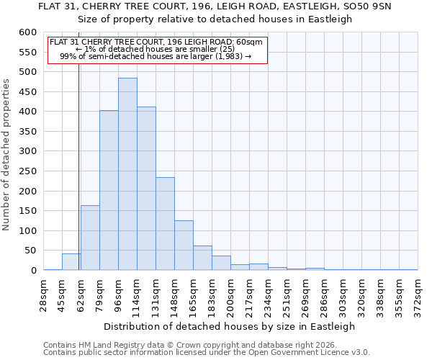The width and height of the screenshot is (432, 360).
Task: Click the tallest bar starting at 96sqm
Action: (127, 174)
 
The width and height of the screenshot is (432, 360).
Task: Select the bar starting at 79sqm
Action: (109, 191)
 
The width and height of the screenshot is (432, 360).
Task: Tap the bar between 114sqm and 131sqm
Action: (146, 189)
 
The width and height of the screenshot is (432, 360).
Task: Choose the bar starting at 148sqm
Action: (184, 246)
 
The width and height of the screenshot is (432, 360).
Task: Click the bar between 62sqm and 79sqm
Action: (90, 238)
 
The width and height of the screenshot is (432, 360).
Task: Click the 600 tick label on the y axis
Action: (27, 32)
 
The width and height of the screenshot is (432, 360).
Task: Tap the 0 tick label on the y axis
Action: (33, 271)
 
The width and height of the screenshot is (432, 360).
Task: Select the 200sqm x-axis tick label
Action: (230, 295)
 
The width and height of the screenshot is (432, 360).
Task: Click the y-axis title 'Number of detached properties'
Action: (7, 156)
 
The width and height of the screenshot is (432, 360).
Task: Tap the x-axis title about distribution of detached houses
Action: (229, 326)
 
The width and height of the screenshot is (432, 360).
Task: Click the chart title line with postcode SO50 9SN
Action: (216, 6)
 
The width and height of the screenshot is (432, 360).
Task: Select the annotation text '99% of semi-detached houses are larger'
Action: (156, 56)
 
